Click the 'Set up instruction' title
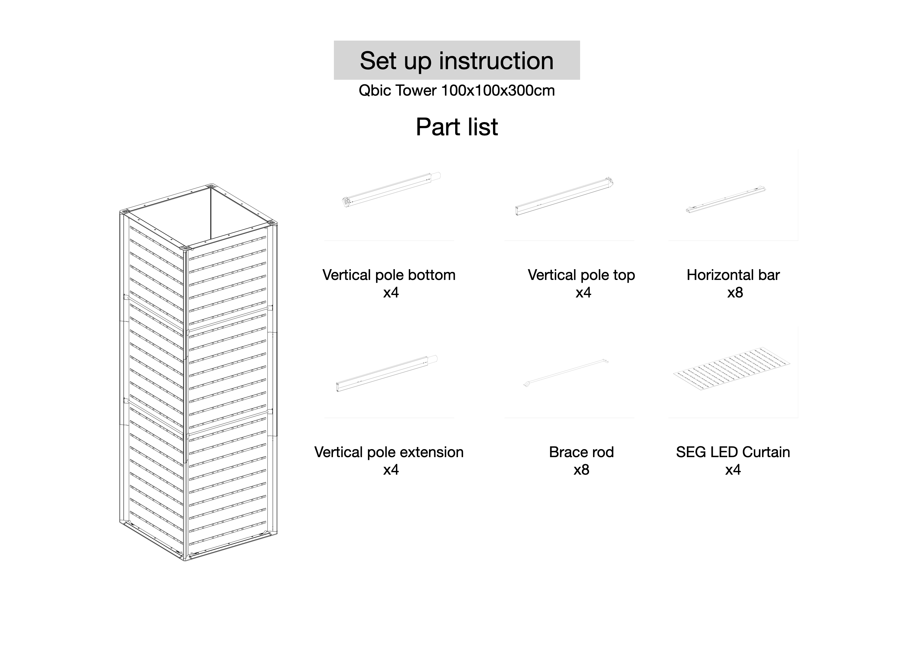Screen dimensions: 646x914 click(457, 61)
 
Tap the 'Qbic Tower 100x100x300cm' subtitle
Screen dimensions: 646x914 click(457, 91)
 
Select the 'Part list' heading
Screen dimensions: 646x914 click(457, 127)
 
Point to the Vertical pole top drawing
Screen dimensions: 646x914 click(564, 196)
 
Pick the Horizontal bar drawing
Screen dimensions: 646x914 click(726, 199)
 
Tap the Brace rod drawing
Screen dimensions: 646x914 click(566, 373)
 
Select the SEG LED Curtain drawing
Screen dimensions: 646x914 click(732, 369)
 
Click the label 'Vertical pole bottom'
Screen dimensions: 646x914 click(389, 275)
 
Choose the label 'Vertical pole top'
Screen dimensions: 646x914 click(581, 275)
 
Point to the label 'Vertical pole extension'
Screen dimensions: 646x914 click(389, 452)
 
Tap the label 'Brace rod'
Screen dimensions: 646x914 click(581, 452)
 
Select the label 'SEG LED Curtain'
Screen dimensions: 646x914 click(733, 452)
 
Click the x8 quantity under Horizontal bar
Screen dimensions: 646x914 click(735, 293)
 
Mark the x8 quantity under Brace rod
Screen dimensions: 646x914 click(581, 470)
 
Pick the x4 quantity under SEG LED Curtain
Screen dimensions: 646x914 click(733, 470)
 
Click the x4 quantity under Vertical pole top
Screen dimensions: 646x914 click(583, 293)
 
